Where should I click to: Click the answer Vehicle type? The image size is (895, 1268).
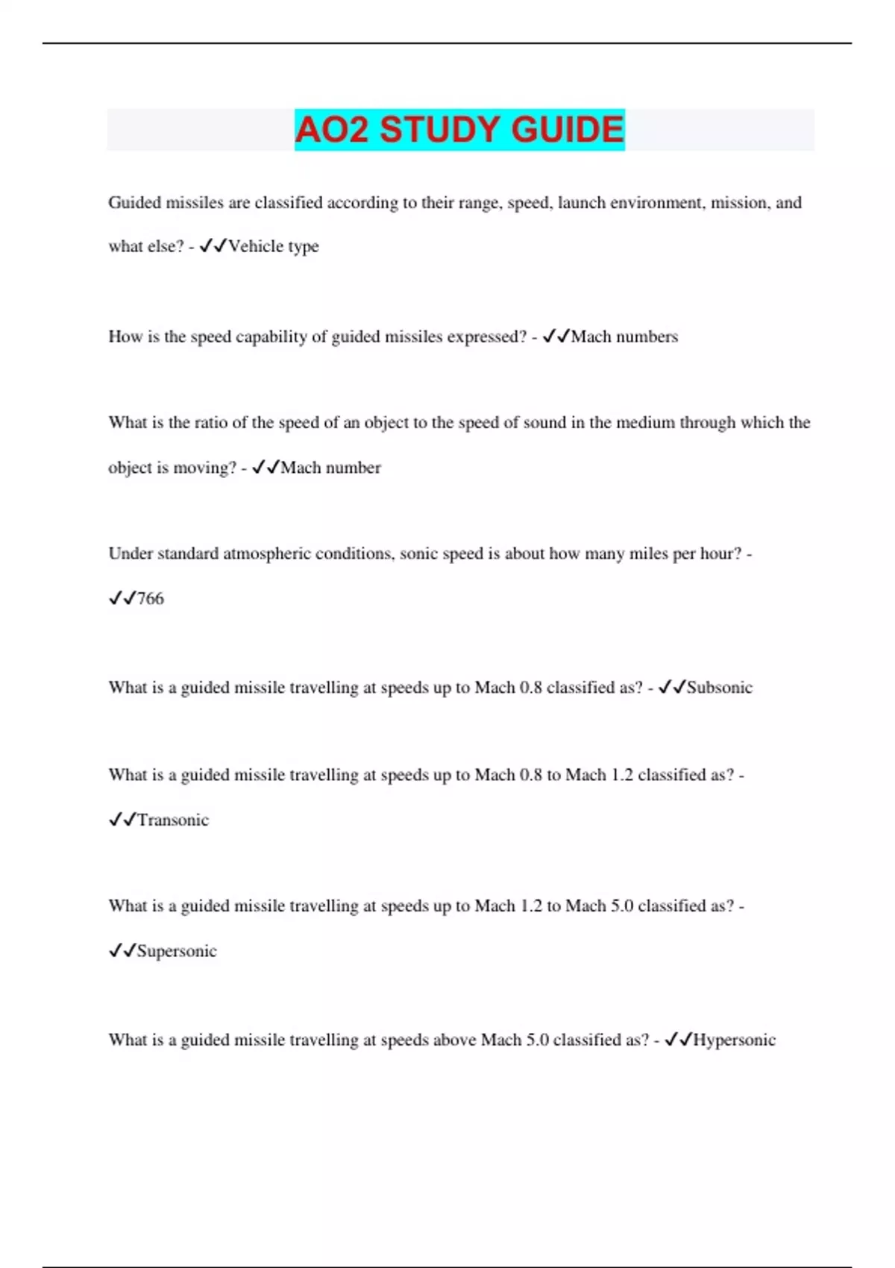point(273,246)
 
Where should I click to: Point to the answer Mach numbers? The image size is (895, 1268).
point(624,336)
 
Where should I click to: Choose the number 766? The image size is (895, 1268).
point(150,598)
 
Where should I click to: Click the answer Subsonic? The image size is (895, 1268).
point(719,687)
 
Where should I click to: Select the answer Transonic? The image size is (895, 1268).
point(172,820)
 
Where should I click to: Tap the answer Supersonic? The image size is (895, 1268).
point(177,951)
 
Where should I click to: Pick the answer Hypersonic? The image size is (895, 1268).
point(734,1040)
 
